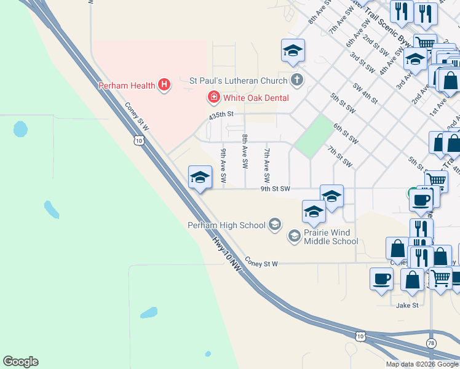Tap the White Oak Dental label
256,97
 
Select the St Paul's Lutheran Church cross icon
297,80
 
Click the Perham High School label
226,225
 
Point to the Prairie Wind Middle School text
331,237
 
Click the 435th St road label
222,114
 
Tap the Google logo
20,362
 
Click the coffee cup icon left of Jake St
381,278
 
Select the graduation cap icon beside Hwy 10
199,177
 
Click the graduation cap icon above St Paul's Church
293,50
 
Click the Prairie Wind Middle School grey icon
294,236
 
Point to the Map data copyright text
422,364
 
